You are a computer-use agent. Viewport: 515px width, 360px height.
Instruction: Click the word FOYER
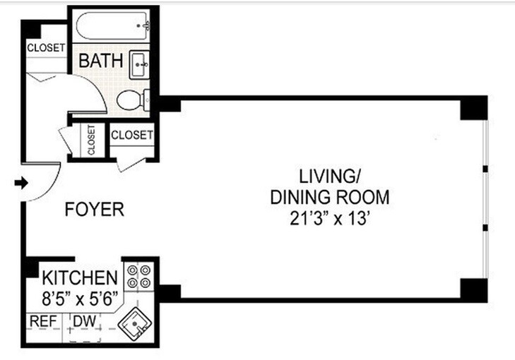[95, 210]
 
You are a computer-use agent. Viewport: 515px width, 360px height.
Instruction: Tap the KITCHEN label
[79, 276]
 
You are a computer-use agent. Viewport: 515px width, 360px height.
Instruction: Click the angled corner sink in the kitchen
[135, 325]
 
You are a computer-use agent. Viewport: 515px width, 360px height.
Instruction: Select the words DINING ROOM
[330, 197]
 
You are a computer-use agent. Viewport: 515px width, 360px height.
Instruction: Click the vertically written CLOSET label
[91, 140]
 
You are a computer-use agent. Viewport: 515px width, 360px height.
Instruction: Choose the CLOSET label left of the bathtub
[46, 47]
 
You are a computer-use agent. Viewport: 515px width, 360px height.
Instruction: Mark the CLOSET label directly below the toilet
[132, 134]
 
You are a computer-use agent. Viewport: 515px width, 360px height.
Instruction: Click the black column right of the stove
[169, 292]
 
